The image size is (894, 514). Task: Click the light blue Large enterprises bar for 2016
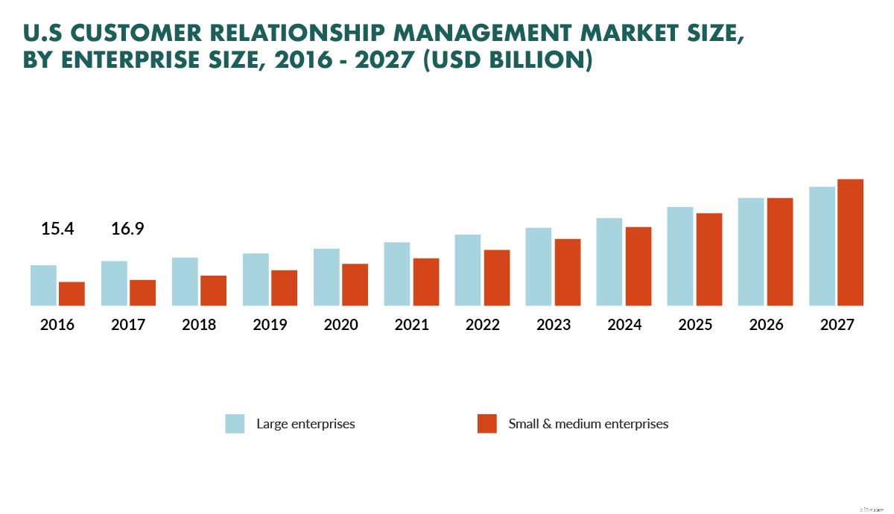click(43, 285)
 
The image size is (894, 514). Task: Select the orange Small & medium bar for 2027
click(850, 242)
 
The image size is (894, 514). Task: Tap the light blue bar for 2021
click(397, 273)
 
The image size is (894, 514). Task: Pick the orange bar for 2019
click(284, 288)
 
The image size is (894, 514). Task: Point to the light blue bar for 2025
click(680, 256)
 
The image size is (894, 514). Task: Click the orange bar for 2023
click(567, 272)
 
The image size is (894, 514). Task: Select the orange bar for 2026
click(779, 252)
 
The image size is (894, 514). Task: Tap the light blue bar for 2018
click(185, 282)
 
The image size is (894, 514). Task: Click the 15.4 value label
click(57, 229)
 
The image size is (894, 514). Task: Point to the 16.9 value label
click(127, 229)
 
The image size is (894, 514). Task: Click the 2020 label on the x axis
click(340, 325)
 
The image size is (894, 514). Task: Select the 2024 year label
click(624, 325)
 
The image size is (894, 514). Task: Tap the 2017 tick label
click(128, 325)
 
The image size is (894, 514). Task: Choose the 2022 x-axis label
click(482, 325)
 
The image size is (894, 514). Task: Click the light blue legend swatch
click(235, 424)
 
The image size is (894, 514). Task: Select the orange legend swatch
click(486, 424)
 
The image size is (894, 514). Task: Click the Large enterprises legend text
click(305, 424)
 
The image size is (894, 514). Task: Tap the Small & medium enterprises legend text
click(588, 424)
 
